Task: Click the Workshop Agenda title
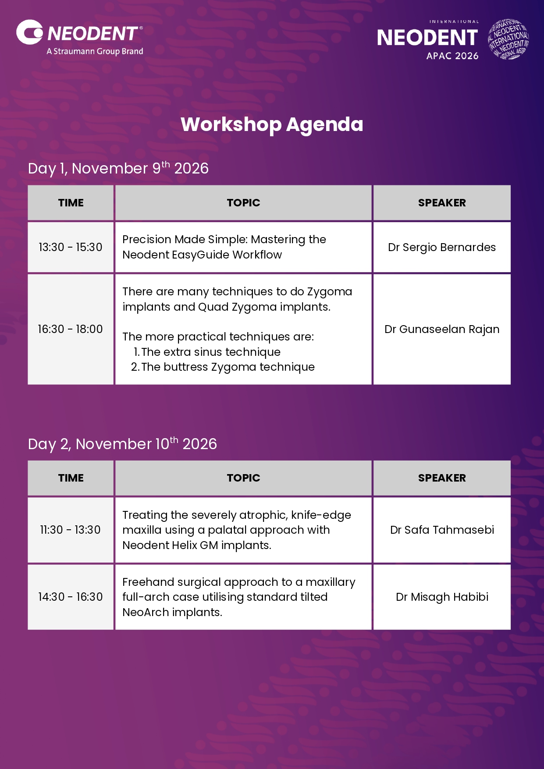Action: tap(272, 124)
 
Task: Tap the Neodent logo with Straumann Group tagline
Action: tap(80, 38)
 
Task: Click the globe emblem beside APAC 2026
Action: tap(508, 39)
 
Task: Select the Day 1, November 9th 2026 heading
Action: tap(118, 168)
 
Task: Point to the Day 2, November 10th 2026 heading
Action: tap(122, 444)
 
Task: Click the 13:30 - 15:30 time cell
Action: tap(71, 247)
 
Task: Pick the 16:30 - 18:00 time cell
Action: tap(71, 329)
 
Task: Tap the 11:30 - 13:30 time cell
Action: tap(71, 530)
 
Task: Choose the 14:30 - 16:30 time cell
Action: tap(71, 597)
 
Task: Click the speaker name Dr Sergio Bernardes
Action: tap(442, 248)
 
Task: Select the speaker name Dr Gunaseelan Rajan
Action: tap(442, 330)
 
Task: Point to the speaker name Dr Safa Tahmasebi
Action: tap(442, 530)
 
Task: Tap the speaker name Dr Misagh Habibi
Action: tap(442, 597)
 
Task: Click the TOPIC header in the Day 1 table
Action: tap(243, 203)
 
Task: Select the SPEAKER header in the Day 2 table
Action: tap(442, 478)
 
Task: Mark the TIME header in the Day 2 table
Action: tap(71, 478)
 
